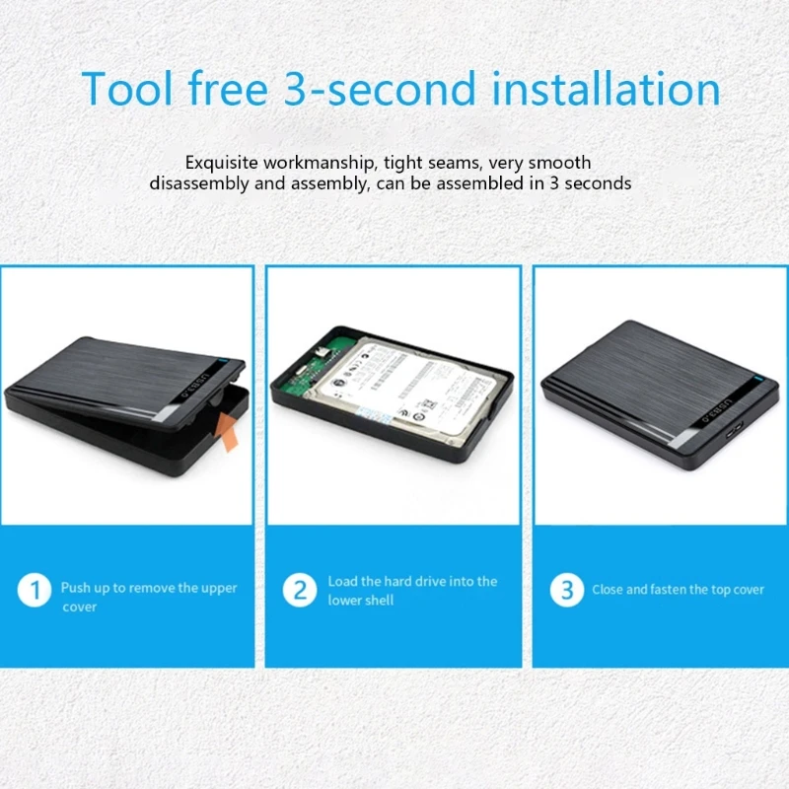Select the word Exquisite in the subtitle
click(224, 163)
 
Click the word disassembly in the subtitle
click(196, 183)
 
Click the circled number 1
click(35, 591)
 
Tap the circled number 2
click(300, 591)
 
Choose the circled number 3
click(566, 591)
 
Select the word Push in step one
click(76, 588)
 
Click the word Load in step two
click(342, 582)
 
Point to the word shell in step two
click(378, 601)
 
